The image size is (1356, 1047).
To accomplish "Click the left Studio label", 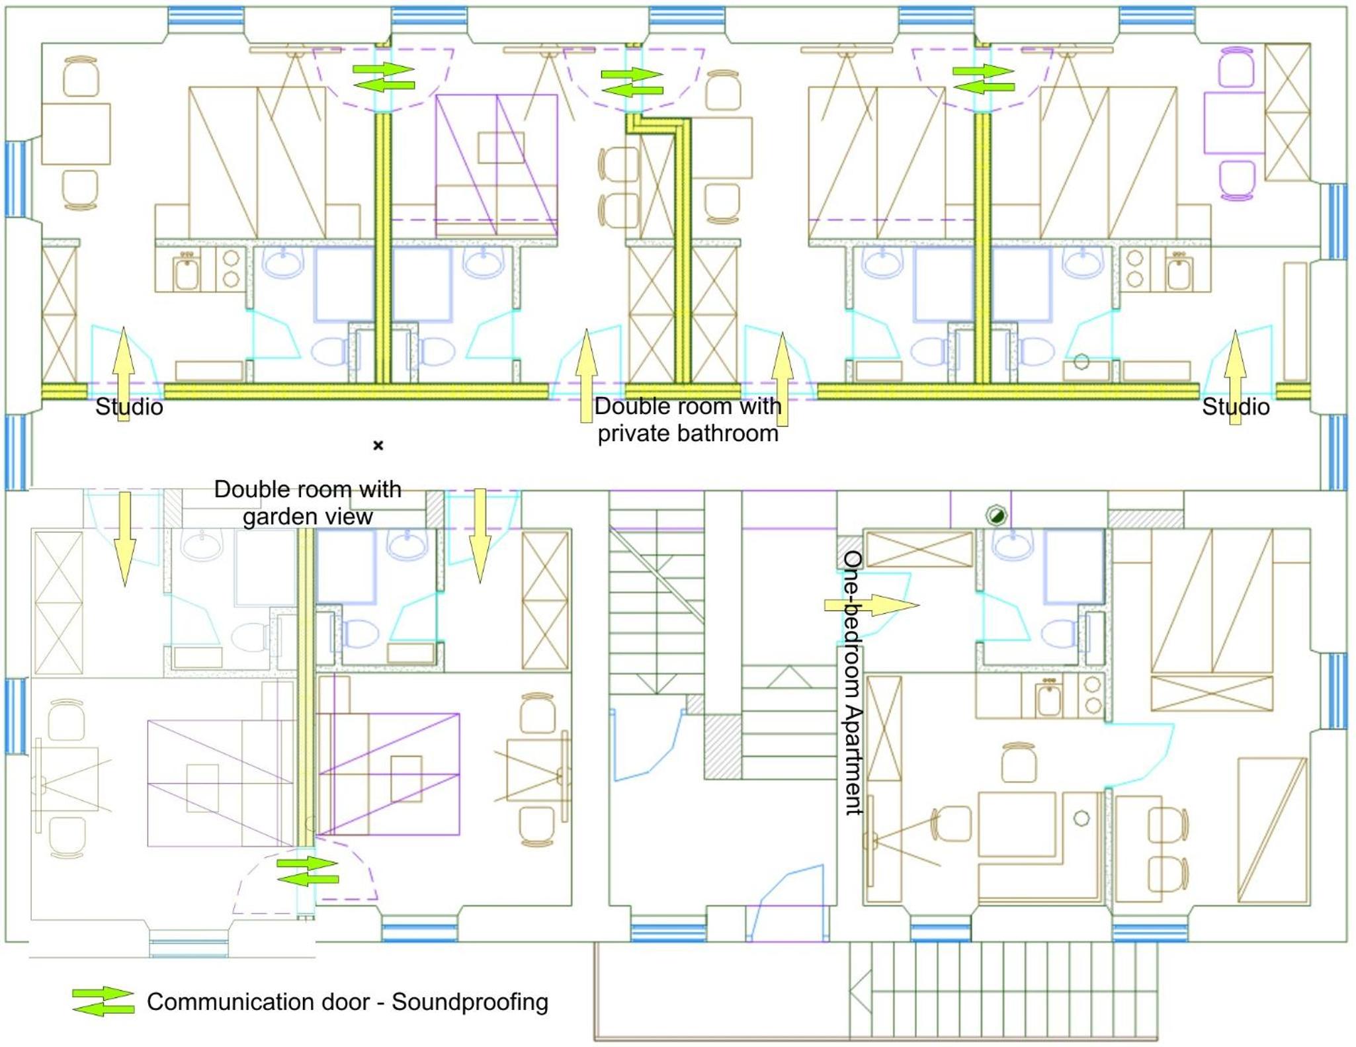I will pyautogui.click(x=129, y=407).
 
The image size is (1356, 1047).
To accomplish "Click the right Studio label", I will pyautogui.click(x=1235, y=407).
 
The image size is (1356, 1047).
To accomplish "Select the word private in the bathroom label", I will pyautogui.click(x=634, y=434).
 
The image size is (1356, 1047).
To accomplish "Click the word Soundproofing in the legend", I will pyautogui.click(x=470, y=1002).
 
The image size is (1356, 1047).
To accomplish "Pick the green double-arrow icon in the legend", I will pyautogui.click(x=103, y=1001).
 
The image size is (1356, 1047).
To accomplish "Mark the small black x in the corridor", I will pyautogui.click(x=378, y=445).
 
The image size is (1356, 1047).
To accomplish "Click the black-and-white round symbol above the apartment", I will pyautogui.click(x=996, y=515).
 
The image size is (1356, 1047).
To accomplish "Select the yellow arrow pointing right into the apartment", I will pyautogui.click(x=872, y=605).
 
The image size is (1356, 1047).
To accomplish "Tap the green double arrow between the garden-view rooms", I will pyautogui.click(x=308, y=871).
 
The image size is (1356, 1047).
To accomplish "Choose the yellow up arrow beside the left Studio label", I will pyautogui.click(x=124, y=374).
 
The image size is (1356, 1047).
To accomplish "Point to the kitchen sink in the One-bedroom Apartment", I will pyautogui.click(x=1049, y=700).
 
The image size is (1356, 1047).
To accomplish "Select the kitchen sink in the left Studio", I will pyautogui.click(x=187, y=272).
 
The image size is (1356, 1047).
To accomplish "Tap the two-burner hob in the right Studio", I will pyautogui.click(x=1135, y=269).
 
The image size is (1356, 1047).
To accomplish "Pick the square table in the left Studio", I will pyautogui.click(x=75, y=134).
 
